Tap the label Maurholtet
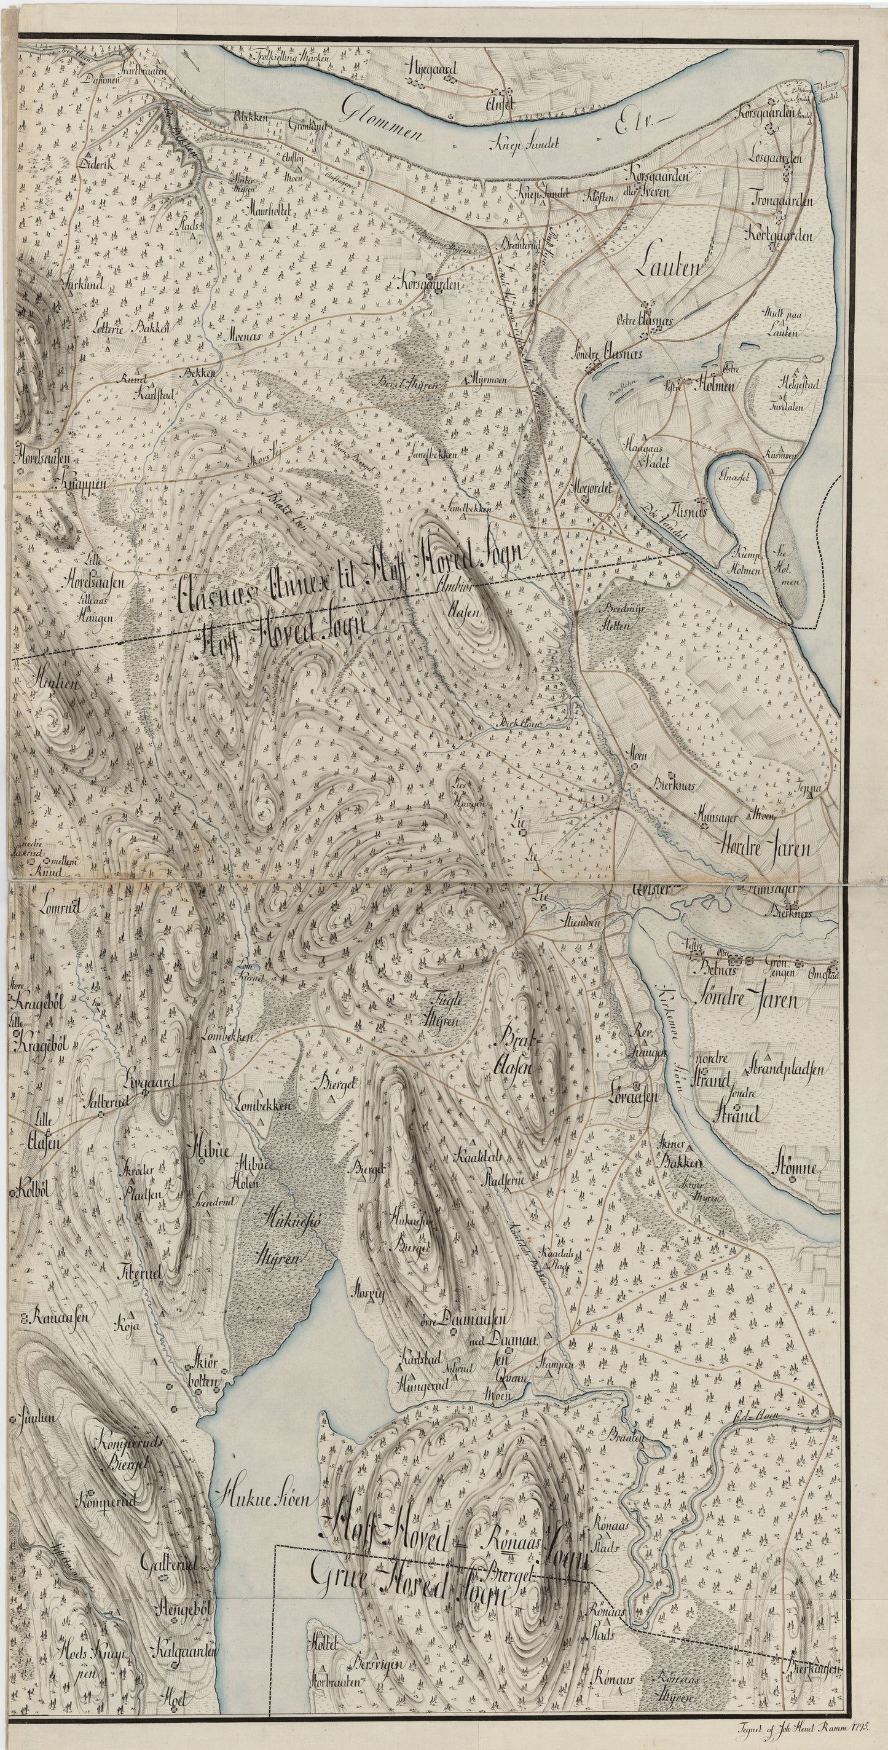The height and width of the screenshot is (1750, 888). click(270, 211)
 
